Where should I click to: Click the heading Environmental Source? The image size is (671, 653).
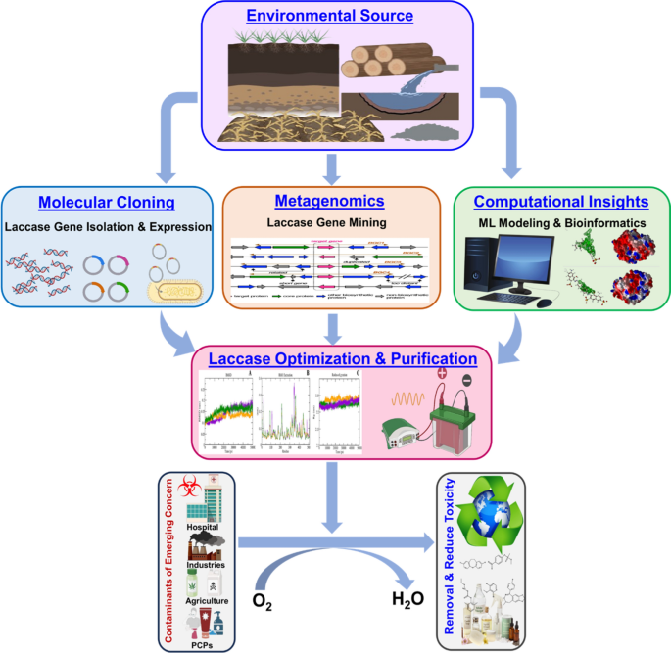point(329,16)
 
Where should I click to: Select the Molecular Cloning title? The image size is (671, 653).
point(107,203)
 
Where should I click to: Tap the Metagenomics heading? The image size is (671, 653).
point(329,202)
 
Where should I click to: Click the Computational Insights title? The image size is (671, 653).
point(561,202)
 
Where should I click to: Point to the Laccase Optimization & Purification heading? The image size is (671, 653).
point(334,358)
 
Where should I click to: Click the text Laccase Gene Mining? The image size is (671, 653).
point(329,222)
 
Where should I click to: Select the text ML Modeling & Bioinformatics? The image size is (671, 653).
point(561,221)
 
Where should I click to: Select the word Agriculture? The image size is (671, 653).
point(206,600)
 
